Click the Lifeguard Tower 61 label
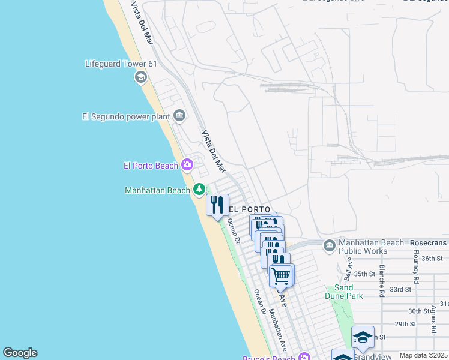[x=117, y=64]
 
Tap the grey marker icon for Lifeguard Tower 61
[x=141, y=77]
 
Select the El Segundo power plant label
[x=125, y=116]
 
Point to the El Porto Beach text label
[x=151, y=166]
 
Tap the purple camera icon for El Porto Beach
[x=187, y=164]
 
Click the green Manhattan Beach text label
[x=157, y=190]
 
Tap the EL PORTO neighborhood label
[x=244, y=209]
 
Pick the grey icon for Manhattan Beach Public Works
[x=329, y=246]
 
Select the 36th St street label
[x=432, y=259]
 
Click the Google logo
[x=20, y=353]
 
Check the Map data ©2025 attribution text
[x=423, y=355]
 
